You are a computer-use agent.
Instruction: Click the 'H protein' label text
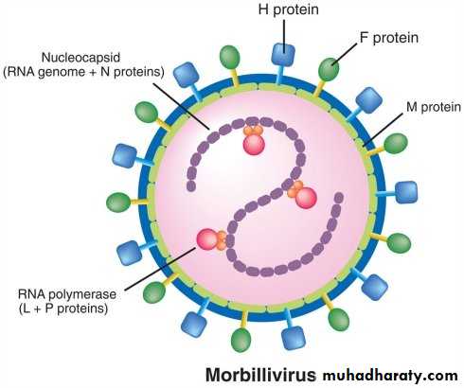pos(288,9)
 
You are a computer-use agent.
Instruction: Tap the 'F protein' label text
pos(389,38)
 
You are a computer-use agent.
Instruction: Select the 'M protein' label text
pos(434,107)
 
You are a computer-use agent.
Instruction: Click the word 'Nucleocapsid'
pos(80,58)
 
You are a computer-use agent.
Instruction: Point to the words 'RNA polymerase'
pos(67,294)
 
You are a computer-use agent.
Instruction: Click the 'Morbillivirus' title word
pos(260,375)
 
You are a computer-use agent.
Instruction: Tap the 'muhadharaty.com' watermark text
pos(390,376)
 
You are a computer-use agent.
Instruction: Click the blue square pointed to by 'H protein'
pos(283,55)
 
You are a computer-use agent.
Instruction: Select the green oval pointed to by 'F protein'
pos(329,69)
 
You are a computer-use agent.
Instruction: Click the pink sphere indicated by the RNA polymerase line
pos(207,239)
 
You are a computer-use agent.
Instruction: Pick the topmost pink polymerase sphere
pos(254,145)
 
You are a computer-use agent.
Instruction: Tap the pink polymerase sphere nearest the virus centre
pos(306,198)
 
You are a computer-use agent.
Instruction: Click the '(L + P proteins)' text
pos(63,309)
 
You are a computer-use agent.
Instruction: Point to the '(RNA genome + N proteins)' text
pos(83,72)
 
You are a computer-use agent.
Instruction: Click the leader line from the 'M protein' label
pos(384,130)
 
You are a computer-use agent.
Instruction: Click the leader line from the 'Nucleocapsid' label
pos(181,106)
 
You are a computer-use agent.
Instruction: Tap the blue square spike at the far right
pos(406,192)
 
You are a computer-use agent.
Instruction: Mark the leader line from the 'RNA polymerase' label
pos(160,269)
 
